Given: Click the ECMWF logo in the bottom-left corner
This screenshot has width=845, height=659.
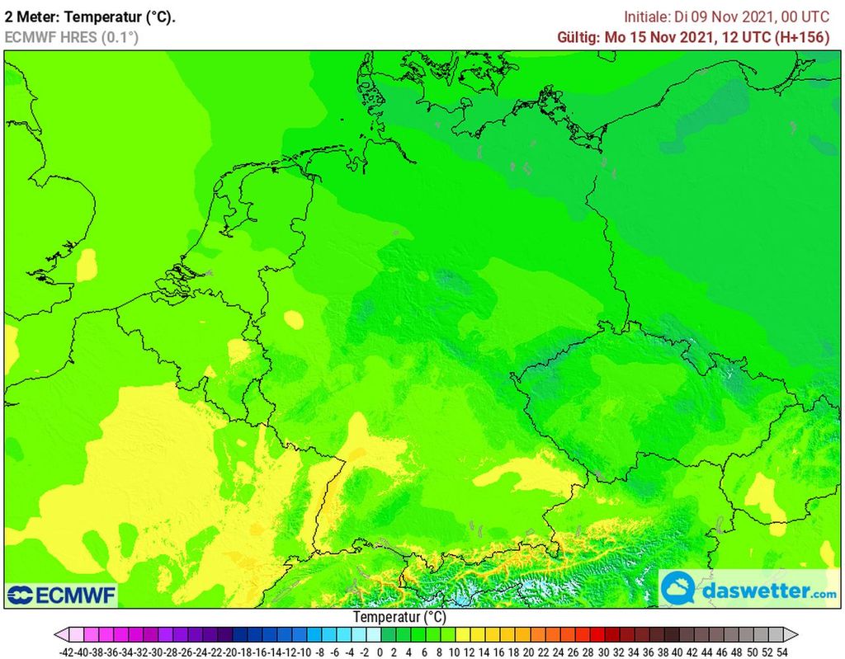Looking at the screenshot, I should [61, 595].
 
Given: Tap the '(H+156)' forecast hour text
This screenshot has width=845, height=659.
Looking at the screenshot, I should [801, 37].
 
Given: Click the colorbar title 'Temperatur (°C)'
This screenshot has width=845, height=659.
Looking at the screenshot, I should [399, 617].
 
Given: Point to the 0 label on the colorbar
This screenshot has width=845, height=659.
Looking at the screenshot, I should [380, 651].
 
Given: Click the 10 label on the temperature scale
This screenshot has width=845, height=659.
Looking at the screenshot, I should [453, 651].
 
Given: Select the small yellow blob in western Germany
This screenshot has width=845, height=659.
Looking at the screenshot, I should [293, 319].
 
